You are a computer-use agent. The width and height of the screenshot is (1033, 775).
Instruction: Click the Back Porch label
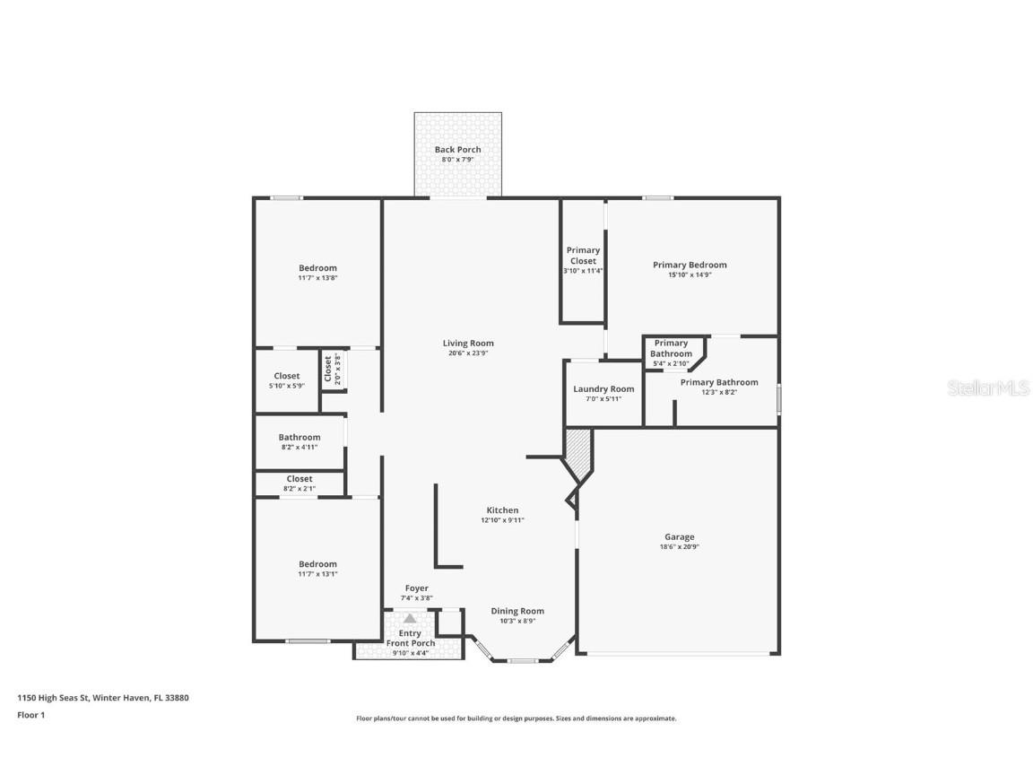[x=457, y=150]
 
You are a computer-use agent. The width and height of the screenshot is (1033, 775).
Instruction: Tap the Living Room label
[x=468, y=344]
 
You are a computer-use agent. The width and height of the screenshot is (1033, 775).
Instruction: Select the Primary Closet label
[x=583, y=256]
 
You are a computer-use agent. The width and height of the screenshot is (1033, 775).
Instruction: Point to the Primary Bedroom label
[x=690, y=265]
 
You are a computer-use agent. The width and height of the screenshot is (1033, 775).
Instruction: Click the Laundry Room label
[x=603, y=389]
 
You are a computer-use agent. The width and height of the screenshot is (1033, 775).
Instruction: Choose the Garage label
[x=679, y=537]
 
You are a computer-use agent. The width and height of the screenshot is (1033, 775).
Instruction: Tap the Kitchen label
[x=502, y=510]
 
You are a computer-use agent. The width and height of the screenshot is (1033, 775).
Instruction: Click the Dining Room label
[x=517, y=611]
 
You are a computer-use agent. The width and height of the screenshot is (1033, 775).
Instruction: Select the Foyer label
[x=416, y=588]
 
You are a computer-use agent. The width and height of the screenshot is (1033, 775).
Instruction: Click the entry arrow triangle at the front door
[x=410, y=618]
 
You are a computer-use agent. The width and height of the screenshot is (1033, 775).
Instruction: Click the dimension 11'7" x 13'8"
[x=317, y=278]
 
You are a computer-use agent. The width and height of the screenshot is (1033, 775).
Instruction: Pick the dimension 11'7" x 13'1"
[x=317, y=574]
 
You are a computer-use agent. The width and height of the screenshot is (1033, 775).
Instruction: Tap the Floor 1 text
[x=30, y=715]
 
